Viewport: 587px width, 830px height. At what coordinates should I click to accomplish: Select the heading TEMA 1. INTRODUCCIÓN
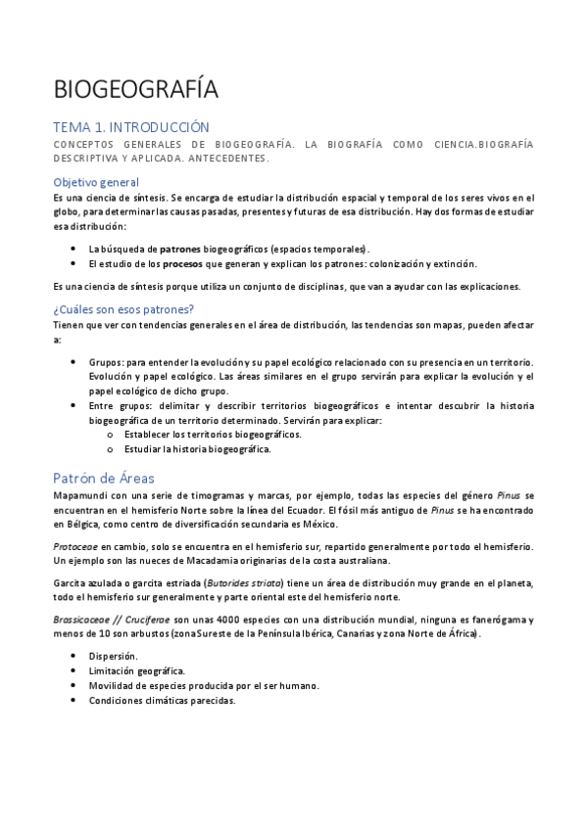point(131,127)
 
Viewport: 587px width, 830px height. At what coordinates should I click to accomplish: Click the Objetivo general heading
point(96,182)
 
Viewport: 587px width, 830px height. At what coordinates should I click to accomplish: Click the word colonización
point(385,264)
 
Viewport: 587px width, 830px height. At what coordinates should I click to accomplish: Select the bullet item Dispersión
point(113,656)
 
